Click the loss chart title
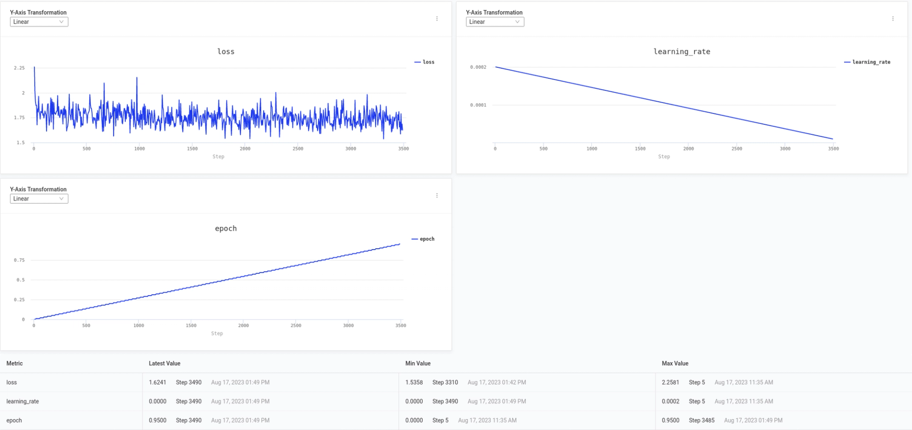pos(226,52)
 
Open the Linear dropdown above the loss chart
pos(39,22)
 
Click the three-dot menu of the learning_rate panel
pos(893,19)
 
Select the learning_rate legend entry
pos(867,62)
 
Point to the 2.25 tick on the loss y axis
pos(19,68)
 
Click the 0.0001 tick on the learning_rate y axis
pos(478,105)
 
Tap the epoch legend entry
pos(423,239)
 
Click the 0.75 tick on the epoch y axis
pos(19,261)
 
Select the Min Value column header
pos(418,364)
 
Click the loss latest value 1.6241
pos(157,383)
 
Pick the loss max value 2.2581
pos(670,383)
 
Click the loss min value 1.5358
pos(414,383)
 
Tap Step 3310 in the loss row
pos(445,383)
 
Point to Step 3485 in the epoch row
pos(702,421)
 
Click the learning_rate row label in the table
pos(22,402)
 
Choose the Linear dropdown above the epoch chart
pos(39,199)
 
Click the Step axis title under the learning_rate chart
pos(664,157)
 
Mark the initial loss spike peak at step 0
pos(34,68)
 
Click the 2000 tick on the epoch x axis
pos(243,326)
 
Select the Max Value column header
pos(674,364)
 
